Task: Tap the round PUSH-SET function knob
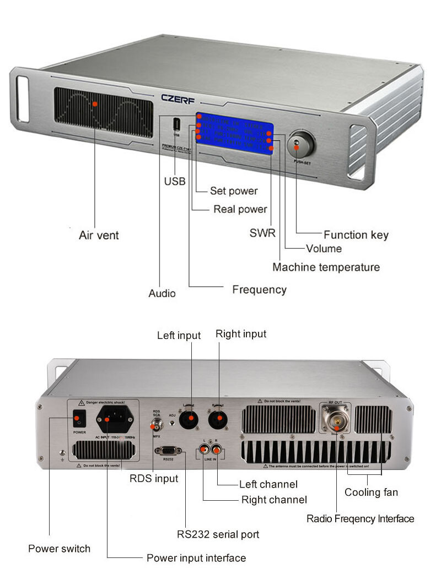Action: tap(299, 144)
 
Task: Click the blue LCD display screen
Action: tap(234, 135)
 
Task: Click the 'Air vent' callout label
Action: tap(99, 236)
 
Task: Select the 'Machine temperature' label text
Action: tap(326, 267)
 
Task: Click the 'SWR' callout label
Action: tap(262, 233)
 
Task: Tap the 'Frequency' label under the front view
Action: tap(259, 289)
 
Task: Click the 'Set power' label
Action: tap(234, 191)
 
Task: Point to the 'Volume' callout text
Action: tap(324, 249)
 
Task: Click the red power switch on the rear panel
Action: tap(79, 420)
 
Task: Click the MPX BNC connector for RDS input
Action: tap(157, 424)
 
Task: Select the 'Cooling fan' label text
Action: tap(371, 493)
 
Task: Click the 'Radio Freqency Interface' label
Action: tap(360, 518)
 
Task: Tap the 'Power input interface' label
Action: tap(196, 558)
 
